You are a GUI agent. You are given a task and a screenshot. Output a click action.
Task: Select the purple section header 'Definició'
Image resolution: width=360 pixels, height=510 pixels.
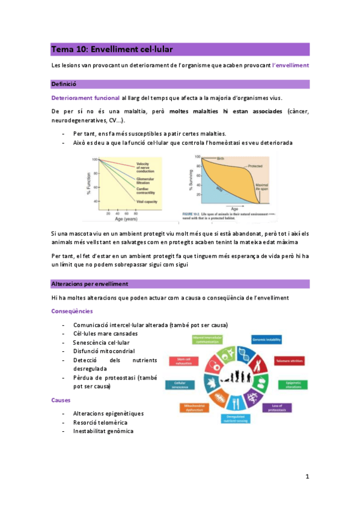pyautogui.click(x=64, y=84)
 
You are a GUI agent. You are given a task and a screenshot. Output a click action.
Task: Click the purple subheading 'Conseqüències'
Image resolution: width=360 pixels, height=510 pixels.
pyautogui.click(x=72, y=311)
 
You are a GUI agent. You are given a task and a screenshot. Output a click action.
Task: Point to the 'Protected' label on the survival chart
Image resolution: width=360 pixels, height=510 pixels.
pyautogui.click(x=254, y=166)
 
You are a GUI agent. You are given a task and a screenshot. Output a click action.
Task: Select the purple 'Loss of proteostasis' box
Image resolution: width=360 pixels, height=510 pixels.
pyautogui.click(x=281, y=407)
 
